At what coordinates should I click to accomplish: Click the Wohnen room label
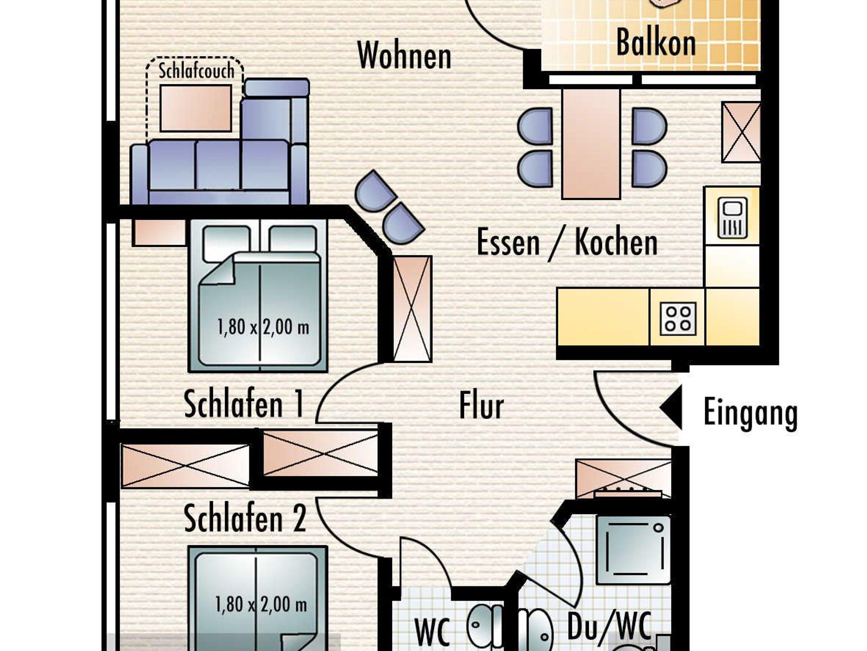[x=405, y=55]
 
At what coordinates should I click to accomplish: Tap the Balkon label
[x=656, y=42]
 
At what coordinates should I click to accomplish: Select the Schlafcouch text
[x=196, y=71]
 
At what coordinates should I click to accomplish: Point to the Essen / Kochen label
[x=567, y=243]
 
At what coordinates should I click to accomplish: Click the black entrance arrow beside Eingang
[x=671, y=407]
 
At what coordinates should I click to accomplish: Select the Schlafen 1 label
[x=244, y=405]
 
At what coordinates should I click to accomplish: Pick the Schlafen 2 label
[x=245, y=519]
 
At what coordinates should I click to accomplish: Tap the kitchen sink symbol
[x=732, y=219]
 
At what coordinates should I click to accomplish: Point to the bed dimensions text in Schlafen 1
[x=263, y=327]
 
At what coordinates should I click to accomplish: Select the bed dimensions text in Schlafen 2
[x=261, y=604]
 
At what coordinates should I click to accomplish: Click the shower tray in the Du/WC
[x=633, y=550]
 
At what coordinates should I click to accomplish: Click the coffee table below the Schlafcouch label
[x=196, y=108]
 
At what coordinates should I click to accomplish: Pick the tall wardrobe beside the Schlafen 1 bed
[x=412, y=309]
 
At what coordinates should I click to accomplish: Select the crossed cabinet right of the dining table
[x=741, y=132]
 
